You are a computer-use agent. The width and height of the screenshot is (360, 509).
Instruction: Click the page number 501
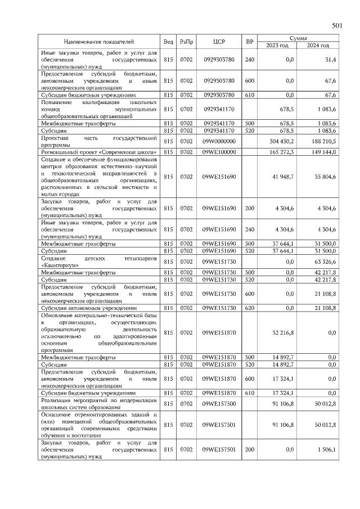point(337,25)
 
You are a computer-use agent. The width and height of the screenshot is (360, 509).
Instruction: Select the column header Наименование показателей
point(98,42)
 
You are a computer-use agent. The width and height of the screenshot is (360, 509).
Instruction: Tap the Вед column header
point(168,42)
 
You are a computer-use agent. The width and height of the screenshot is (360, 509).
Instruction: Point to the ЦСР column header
point(219,42)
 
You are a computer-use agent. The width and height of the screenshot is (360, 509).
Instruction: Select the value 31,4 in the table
point(330,58)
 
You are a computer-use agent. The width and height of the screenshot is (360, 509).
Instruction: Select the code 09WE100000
point(219,152)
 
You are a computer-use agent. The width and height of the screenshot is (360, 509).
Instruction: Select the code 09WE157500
point(219,403)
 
